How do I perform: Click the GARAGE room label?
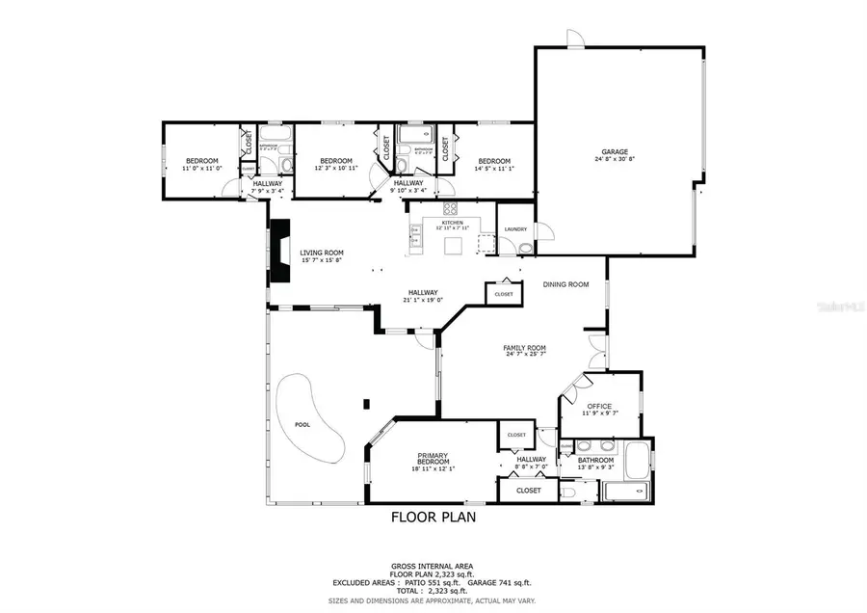click(615, 151)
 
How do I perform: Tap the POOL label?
click(302, 424)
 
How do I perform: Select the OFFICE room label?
click(600, 406)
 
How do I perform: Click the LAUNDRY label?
click(514, 229)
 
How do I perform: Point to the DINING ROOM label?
click(565, 284)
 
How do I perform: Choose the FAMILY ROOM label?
click(525, 348)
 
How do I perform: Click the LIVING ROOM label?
click(321, 253)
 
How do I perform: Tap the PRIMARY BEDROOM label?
click(434, 459)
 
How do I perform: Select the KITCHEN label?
click(451, 223)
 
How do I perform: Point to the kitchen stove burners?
click(450, 209)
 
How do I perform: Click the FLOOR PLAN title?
click(433, 517)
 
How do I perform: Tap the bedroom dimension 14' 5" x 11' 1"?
click(493, 169)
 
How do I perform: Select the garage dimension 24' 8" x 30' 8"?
click(615, 159)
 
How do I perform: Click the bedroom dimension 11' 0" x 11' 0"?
click(201, 169)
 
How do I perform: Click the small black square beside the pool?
click(365, 404)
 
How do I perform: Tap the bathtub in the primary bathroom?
click(637, 460)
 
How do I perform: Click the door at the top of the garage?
click(573, 40)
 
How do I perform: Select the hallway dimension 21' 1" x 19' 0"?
click(422, 300)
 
